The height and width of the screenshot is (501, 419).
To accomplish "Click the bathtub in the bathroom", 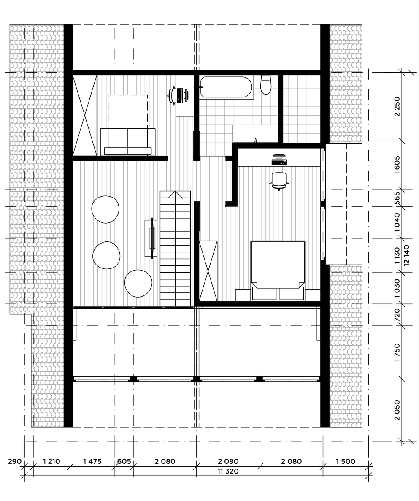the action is coord(226,87).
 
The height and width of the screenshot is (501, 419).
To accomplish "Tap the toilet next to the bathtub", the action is coord(266,84).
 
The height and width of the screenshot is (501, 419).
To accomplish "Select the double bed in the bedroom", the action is coord(278,271).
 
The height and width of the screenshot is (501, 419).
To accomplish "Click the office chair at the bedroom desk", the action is coord(279,181).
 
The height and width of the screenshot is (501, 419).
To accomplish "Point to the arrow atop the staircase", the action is coord(175,195).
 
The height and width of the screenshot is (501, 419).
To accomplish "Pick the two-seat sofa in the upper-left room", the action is coord(128,141).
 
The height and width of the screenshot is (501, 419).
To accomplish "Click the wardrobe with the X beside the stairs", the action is coord(208,271).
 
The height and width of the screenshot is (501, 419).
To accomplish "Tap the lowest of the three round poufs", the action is coord(138,284).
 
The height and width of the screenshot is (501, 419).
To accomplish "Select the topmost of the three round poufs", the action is coord(105,209).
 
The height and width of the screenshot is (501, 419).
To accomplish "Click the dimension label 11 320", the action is coord(228,471).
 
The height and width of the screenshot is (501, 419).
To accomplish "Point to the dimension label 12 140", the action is coord(406,255).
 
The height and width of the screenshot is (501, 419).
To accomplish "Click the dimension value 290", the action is coord(15,461).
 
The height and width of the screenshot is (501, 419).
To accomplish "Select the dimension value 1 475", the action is coord(92,461).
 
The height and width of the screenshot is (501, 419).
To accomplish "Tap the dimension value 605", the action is coord(124,461).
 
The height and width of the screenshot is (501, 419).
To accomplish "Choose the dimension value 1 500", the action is coord(346,461).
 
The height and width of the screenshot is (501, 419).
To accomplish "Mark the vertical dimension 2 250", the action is coord(397,107).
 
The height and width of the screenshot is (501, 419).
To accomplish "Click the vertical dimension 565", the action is coord(397,198).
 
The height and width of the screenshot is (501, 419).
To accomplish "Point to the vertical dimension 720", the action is coord(397,315).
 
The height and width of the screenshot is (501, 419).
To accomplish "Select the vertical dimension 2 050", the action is coord(397,410).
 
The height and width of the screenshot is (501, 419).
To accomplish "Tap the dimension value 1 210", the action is coord(51,461).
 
